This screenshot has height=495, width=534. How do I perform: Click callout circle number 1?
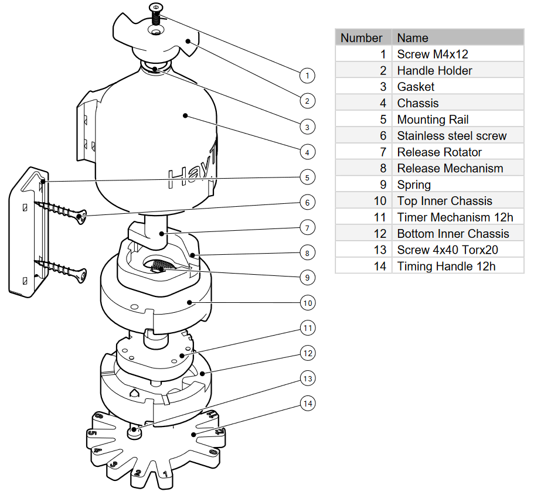(x=307, y=75)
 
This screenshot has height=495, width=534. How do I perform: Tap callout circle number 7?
(x=307, y=227)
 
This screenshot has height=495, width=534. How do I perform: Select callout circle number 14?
(x=307, y=404)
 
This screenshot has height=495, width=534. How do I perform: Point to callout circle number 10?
(x=307, y=303)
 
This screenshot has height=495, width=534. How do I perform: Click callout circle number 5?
(x=307, y=176)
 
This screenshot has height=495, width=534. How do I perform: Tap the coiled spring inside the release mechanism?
(x=159, y=267)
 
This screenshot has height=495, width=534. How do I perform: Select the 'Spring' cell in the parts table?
(x=414, y=185)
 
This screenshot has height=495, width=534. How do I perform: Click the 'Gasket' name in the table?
(x=416, y=87)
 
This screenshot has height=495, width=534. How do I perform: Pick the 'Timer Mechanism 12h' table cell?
(x=455, y=217)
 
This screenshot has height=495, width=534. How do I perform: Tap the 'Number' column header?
(x=362, y=38)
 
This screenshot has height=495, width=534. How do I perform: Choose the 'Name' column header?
(x=413, y=38)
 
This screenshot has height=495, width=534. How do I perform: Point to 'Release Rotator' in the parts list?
(x=439, y=152)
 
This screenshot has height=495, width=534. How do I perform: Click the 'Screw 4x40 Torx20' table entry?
(x=447, y=250)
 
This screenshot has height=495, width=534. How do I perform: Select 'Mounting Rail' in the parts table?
(x=433, y=120)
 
